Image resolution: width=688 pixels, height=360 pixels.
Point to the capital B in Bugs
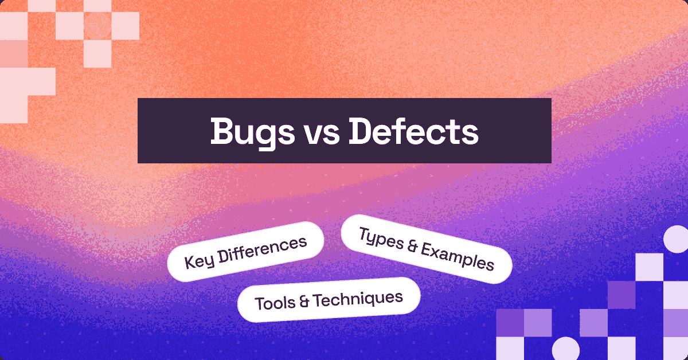coord(221,131)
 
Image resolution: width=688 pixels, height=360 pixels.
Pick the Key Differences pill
coord(245,252)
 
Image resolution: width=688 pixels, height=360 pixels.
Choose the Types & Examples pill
coord(426,249)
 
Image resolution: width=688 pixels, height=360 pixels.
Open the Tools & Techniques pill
coord(329,300)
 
